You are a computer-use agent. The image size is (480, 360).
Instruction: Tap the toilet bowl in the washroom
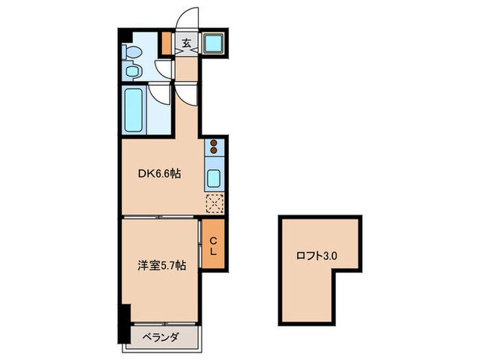(x=132, y=52)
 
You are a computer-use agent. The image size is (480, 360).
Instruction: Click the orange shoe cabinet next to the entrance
(x=165, y=43)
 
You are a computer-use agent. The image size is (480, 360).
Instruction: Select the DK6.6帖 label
(x=160, y=174)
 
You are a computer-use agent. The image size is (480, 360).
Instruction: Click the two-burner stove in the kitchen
(x=213, y=146)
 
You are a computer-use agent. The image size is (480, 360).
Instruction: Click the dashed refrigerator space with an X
(x=214, y=202)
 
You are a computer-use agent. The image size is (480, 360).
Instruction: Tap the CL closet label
(x=213, y=245)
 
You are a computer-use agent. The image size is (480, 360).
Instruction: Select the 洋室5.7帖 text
(x=162, y=266)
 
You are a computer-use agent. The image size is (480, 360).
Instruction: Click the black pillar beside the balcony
(x=123, y=323)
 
